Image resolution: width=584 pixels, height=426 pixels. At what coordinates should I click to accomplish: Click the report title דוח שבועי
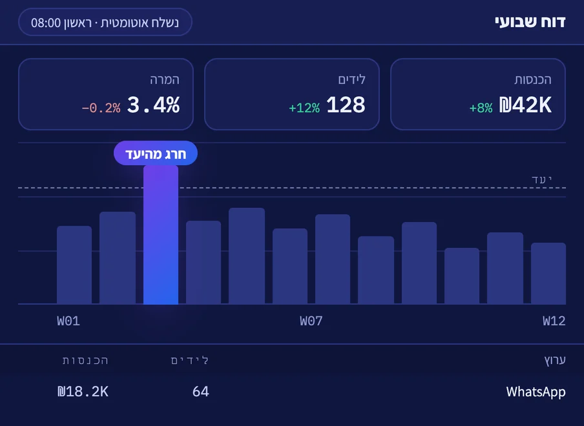click(x=530, y=23)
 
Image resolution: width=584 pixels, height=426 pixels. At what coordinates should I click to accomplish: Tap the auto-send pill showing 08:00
click(x=105, y=22)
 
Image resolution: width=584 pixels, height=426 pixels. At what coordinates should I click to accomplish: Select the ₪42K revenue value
click(x=525, y=105)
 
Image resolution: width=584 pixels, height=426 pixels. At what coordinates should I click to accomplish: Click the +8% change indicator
click(x=481, y=108)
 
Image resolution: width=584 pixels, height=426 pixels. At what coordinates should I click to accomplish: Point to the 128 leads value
click(x=346, y=105)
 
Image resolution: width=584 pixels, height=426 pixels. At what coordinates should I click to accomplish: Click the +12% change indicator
click(x=304, y=108)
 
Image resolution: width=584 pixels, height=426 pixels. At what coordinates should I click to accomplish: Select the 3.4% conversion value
click(x=154, y=105)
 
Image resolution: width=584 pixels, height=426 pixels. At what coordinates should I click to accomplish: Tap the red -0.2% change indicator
click(x=101, y=108)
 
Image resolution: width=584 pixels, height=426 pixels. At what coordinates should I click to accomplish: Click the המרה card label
click(x=165, y=79)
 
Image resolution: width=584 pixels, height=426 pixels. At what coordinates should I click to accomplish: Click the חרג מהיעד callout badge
click(x=156, y=153)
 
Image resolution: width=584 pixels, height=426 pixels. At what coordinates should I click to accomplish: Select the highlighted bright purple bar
click(x=161, y=235)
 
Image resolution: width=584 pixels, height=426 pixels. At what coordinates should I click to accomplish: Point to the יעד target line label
click(x=541, y=179)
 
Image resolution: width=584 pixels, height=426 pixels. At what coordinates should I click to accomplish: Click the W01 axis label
click(x=68, y=321)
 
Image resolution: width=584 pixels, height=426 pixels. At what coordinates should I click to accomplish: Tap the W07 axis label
click(x=311, y=321)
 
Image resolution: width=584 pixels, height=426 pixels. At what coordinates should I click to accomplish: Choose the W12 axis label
click(x=554, y=321)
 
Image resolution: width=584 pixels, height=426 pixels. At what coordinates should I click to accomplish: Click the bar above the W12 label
click(x=548, y=274)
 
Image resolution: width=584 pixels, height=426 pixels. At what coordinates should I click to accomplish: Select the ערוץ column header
click(x=555, y=360)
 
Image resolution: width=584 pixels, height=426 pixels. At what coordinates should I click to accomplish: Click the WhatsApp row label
click(x=536, y=392)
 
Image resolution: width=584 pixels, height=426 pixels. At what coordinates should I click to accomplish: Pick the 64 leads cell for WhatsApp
click(x=201, y=391)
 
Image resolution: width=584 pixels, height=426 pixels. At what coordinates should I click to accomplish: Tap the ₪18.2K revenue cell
click(x=83, y=391)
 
